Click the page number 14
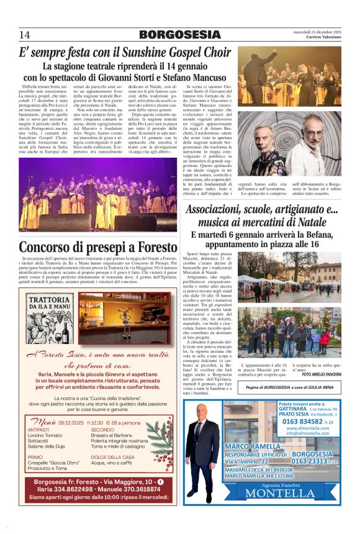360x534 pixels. [24, 34]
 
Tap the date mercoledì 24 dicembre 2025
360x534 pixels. [317, 32]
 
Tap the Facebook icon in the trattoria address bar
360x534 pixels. [161, 481]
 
